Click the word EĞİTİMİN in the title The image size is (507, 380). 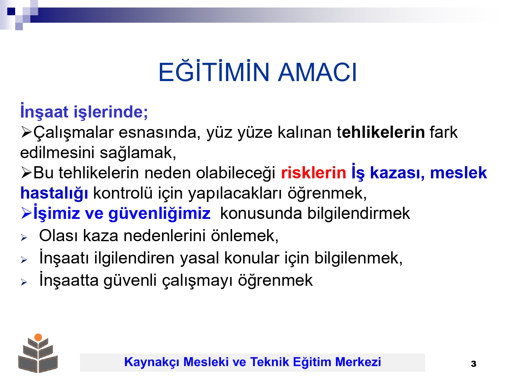click(214, 71)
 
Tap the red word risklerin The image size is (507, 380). click(313, 173)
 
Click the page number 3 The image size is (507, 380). click(473, 364)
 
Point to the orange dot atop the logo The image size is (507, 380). click(38, 337)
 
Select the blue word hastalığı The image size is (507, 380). click(54, 193)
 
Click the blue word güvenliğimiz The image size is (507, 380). click(160, 213)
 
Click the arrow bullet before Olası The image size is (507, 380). click(24, 238)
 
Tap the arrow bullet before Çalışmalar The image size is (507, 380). click(26, 133)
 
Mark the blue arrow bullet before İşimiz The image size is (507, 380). click(26, 213)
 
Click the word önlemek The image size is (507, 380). click(245, 236)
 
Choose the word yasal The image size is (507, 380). click(199, 258)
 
